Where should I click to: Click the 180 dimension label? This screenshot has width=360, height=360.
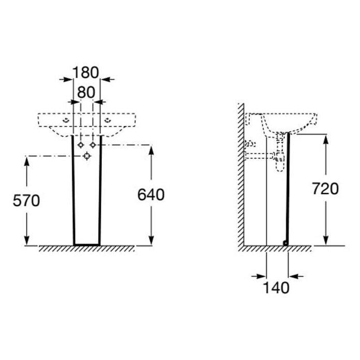click(86, 72)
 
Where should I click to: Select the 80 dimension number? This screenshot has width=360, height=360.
click(86, 92)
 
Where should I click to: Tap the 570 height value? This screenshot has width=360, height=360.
click(26, 201)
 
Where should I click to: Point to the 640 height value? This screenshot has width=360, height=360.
click(151, 194)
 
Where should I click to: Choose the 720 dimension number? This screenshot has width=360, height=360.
click(325, 188)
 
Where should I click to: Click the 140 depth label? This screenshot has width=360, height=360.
click(276, 288)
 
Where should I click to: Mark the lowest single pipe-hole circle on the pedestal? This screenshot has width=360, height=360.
click(87, 156)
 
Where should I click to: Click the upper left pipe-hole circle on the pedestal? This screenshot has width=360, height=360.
click(81, 145)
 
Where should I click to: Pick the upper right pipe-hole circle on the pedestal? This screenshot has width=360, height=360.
click(93, 145)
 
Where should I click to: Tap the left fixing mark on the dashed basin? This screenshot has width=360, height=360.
click(66, 120)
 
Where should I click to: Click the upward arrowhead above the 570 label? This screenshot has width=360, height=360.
click(27, 162)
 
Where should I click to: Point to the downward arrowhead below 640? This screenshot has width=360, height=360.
click(151, 240)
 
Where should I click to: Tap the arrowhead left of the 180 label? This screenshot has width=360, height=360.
click(68, 80)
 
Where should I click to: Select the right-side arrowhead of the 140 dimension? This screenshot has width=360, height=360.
click(294, 276)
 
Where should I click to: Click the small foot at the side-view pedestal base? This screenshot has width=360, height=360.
click(286, 243)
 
